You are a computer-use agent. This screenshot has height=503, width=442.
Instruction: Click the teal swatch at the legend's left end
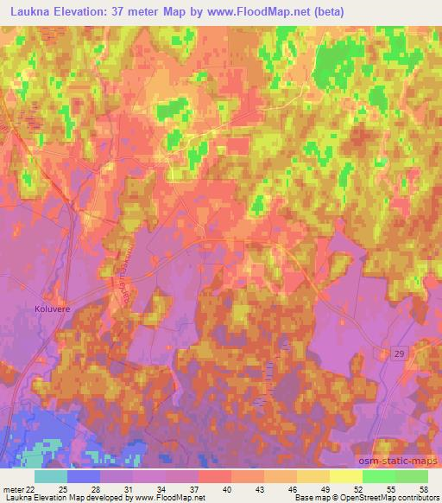51,475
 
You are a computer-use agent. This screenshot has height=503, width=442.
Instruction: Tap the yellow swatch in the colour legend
346,475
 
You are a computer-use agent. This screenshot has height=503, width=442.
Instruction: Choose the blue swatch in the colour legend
84,475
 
